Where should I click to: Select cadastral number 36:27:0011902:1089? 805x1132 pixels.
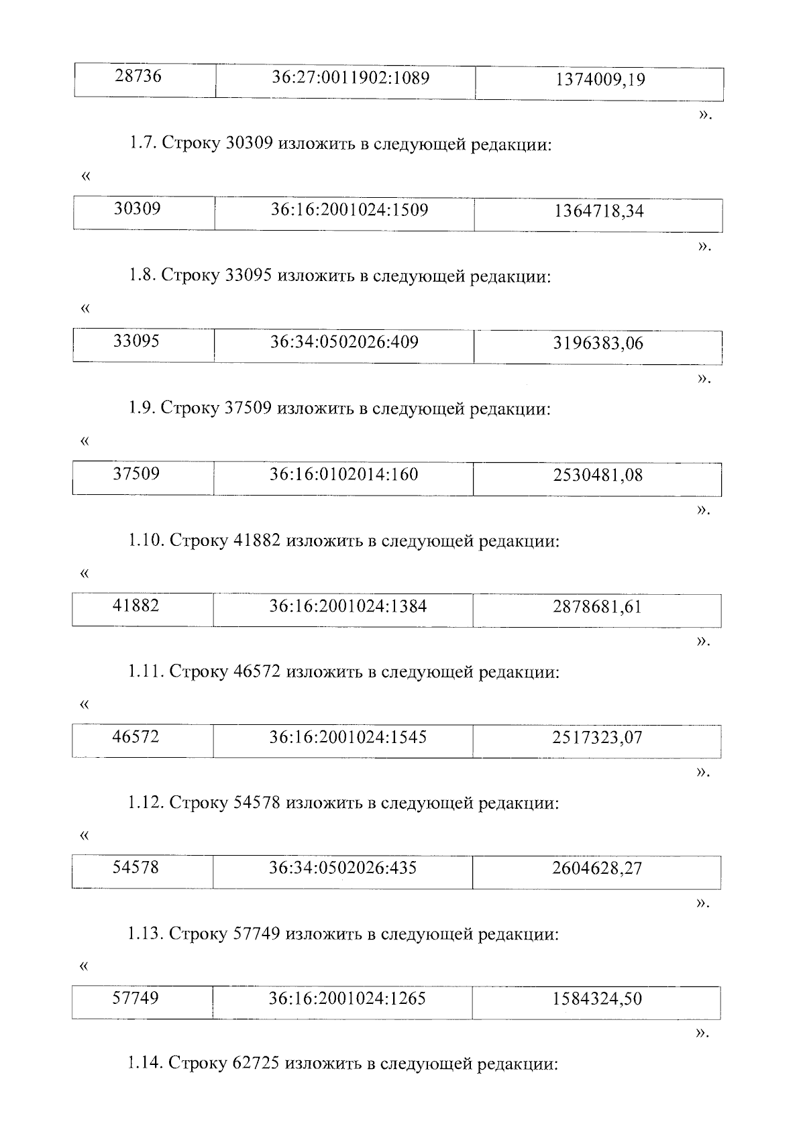click(350, 78)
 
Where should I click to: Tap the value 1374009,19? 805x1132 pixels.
click(600, 80)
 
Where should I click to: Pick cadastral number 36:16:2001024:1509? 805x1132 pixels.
click(349, 210)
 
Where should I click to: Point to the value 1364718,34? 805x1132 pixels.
click(598, 212)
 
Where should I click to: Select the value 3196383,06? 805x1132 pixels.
click(598, 344)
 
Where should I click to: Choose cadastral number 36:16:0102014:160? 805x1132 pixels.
click(343, 475)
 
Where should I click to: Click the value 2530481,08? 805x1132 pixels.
click(598, 476)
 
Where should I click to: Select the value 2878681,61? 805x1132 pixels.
click(597, 608)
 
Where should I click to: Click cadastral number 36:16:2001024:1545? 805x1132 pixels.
click(347, 738)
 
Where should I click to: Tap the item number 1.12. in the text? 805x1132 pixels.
click(146, 803)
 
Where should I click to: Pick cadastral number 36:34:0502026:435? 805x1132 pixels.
click(343, 868)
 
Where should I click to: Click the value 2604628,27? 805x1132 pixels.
click(597, 870)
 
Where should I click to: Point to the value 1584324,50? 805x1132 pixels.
click(597, 1000)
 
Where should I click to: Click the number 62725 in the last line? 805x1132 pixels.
click(256, 1064)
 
